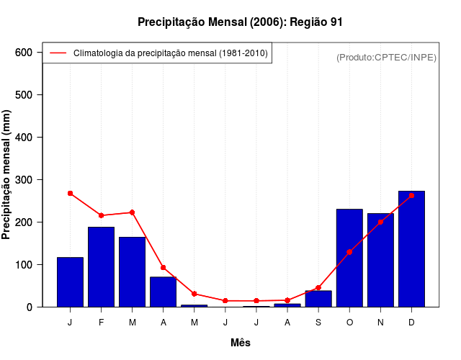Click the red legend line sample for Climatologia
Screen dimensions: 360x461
(x=58, y=53)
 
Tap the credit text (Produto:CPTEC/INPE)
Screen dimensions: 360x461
(x=386, y=57)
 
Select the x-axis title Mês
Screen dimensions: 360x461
(x=241, y=343)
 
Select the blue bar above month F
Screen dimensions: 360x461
(x=101, y=266)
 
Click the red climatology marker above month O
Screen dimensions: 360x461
(x=349, y=252)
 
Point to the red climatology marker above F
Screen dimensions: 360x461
(x=101, y=215)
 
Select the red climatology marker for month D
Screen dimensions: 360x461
(x=411, y=195)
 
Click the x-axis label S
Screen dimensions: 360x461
(x=318, y=323)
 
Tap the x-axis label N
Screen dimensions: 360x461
(x=380, y=323)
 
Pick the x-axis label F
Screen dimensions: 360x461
(x=101, y=323)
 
